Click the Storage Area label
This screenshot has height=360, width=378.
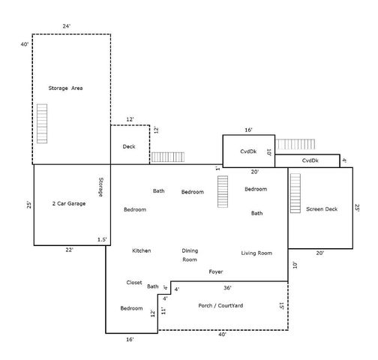[65, 88]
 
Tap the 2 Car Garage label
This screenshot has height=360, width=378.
[69, 203]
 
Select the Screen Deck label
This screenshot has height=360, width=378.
[322, 209]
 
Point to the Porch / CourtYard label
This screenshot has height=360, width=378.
[220, 305]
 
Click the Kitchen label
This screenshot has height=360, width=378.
[142, 250]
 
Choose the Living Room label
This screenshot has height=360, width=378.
[256, 253]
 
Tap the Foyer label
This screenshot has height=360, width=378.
[216, 271]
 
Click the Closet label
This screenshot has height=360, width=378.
[134, 283]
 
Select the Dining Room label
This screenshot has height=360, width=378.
[190, 255]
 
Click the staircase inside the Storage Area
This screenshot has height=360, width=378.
[42, 124]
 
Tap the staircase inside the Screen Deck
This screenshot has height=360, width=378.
[295, 193]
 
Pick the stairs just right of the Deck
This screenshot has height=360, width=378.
[168, 157]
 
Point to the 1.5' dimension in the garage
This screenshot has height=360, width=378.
[102, 239]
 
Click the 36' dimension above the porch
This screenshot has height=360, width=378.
[227, 288]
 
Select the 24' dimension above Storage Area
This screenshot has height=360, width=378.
[67, 26]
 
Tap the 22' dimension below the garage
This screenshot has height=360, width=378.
[69, 250]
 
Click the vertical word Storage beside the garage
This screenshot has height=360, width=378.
[100, 187]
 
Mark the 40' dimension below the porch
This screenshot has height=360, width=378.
[222, 334]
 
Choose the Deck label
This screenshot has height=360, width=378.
[129, 146]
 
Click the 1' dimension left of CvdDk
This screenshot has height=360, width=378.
[217, 169]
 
